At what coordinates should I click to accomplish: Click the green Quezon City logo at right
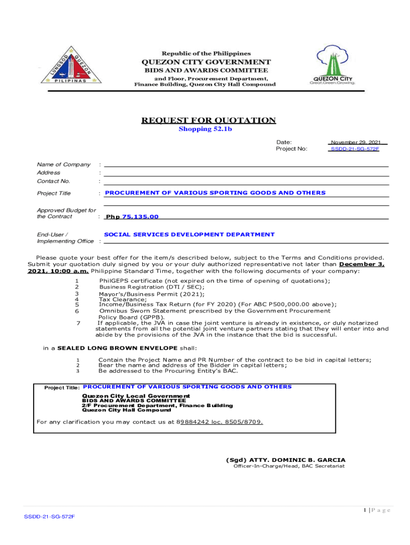point(332,66)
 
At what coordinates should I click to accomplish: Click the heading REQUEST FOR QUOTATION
point(208,120)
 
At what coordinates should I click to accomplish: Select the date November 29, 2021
point(356,143)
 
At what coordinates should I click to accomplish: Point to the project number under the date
point(355,149)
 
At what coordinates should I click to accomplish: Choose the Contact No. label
point(53,181)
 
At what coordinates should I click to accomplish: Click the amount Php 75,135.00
point(132,217)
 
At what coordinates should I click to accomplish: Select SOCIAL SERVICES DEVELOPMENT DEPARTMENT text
point(189,234)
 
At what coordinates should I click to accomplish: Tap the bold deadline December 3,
point(362,264)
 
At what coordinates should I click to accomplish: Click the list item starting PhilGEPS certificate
point(215,281)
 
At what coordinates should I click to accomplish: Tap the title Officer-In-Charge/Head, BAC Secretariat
point(289,466)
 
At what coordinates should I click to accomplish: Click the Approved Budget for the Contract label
point(66,213)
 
